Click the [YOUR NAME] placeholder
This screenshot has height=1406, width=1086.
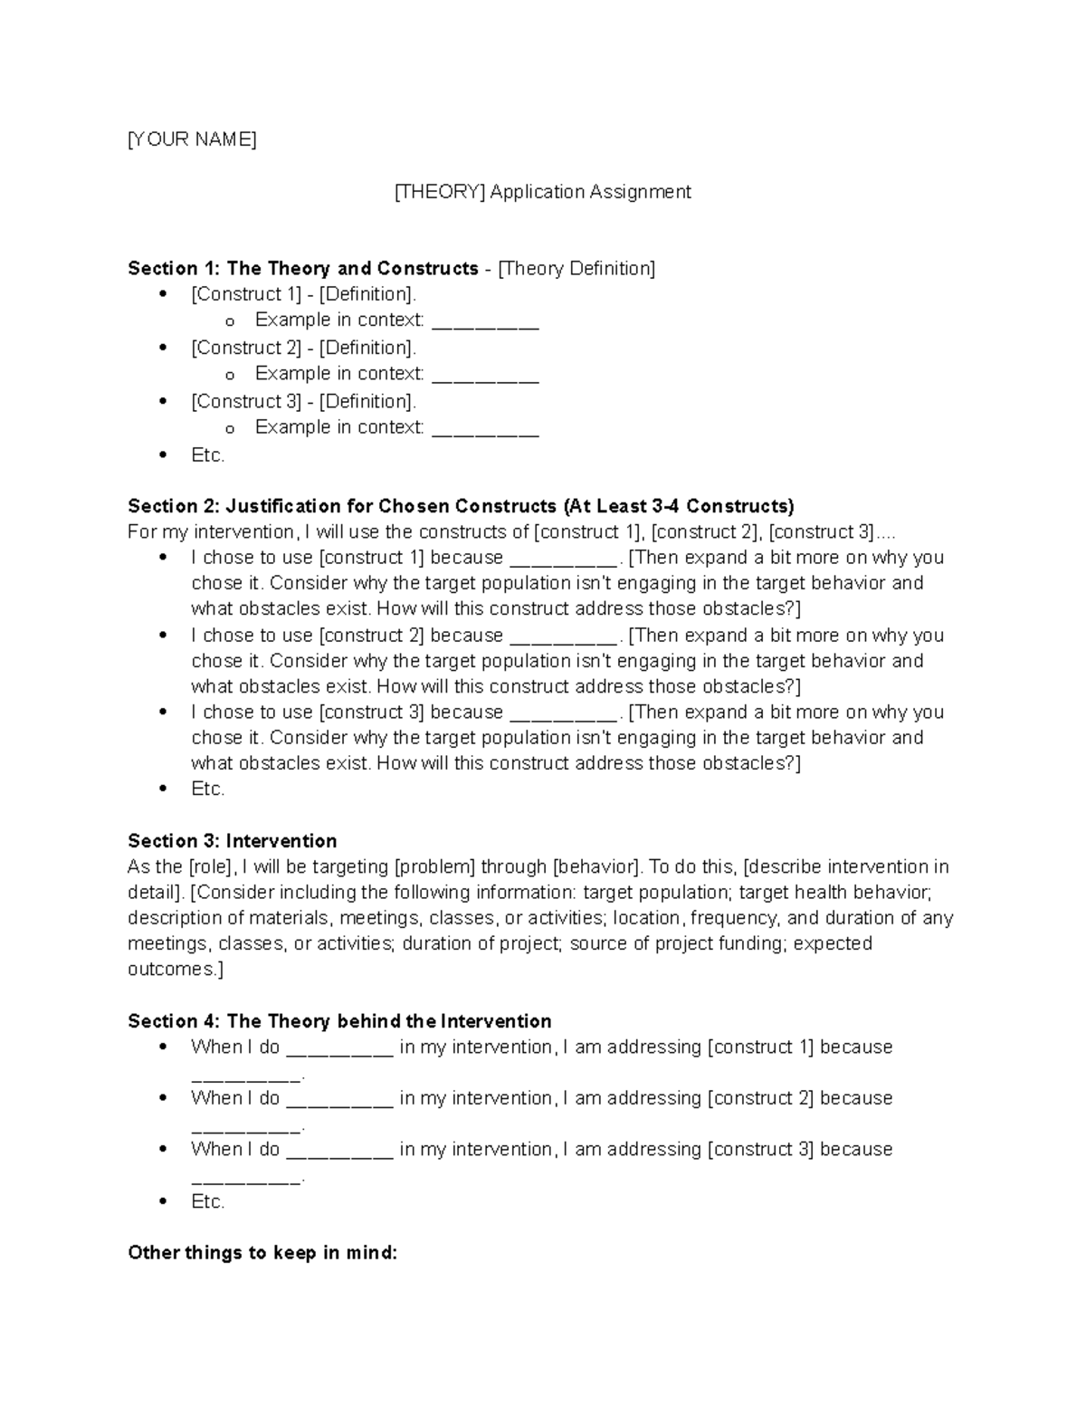tap(192, 139)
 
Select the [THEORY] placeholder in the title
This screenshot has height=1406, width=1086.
tap(440, 192)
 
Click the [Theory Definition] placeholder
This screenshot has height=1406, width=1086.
tap(577, 269)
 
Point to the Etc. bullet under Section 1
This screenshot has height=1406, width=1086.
tap(207, 455)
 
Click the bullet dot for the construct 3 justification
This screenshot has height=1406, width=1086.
tap(163, 713)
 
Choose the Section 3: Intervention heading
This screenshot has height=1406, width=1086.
tap(232, 841)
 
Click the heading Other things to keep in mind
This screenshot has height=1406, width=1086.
tap(262, 1254)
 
